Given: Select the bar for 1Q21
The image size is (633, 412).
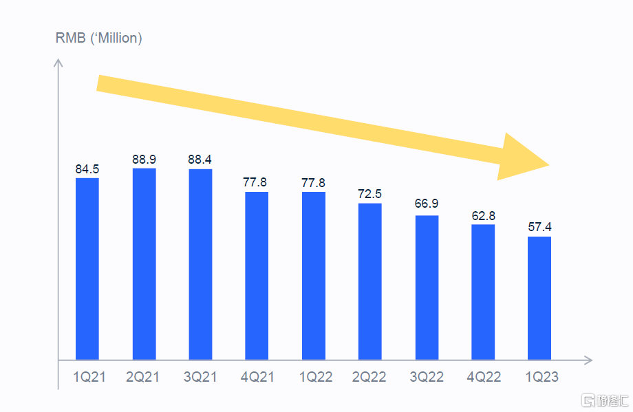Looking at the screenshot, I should pos(87,268).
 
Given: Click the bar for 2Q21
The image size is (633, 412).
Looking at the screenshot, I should pos(144,263).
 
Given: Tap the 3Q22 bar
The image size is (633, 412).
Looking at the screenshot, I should pos(427,288).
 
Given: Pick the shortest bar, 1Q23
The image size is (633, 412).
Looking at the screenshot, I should pos(539,298).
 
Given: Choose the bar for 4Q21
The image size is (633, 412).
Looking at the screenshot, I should pos(257,275).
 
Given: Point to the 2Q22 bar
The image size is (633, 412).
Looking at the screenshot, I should pos(369,281).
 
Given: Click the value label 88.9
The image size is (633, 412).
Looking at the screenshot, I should pos(144,160).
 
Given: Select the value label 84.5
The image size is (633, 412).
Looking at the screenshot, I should pos(87,169).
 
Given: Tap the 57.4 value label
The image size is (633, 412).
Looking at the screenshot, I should pos(539,228).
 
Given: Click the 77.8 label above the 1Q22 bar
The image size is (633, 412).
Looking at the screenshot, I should pos(313,183).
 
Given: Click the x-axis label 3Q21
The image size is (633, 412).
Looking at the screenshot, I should pos(200,378).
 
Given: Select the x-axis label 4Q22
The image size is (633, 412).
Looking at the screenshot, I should pos(483,378).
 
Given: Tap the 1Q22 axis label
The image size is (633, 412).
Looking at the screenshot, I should pos(313,378).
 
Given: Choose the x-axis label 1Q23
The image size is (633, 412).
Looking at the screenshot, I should pos(539,378).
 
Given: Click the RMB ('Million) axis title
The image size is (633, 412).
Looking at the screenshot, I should pos(98,38).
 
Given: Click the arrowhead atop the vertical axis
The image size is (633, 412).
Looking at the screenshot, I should pos(58,64).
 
